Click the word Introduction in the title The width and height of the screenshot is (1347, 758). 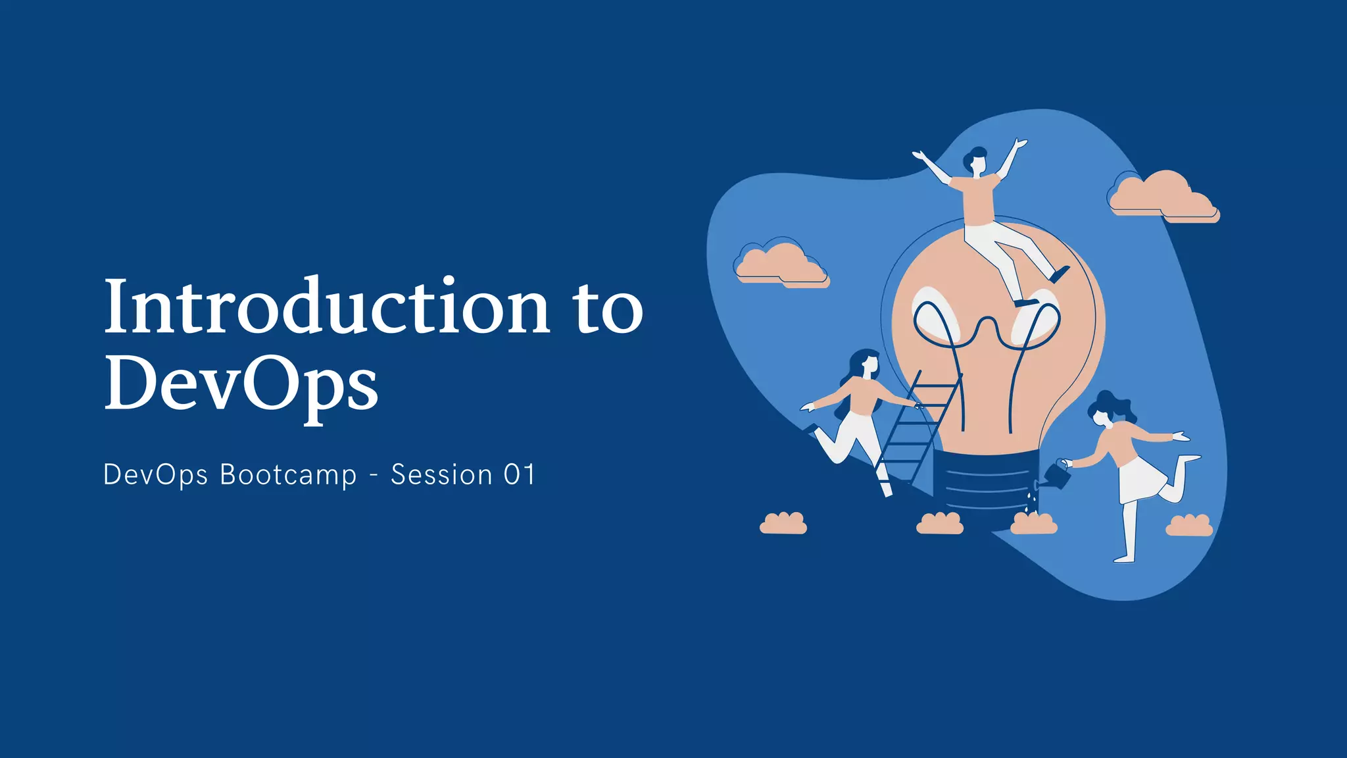(x=327, y=307)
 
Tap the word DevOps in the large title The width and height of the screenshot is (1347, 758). (x=241, y=384)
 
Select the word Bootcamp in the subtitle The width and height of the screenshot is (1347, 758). (x=288, y=475)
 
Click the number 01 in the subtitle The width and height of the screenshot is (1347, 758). (x=520, y=475)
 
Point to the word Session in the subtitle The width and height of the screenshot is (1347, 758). (x=441, y=475)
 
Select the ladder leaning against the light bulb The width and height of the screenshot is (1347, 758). (x=914, y=428)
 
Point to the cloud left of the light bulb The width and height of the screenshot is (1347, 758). (x=781, y=264)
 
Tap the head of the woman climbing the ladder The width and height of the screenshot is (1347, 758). (x=866, y=363)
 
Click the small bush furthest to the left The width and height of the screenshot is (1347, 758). (x=783, y=524)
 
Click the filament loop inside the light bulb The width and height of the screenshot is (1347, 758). (x=987, y=329)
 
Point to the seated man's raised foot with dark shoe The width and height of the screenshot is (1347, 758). (x=1060, y=273)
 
